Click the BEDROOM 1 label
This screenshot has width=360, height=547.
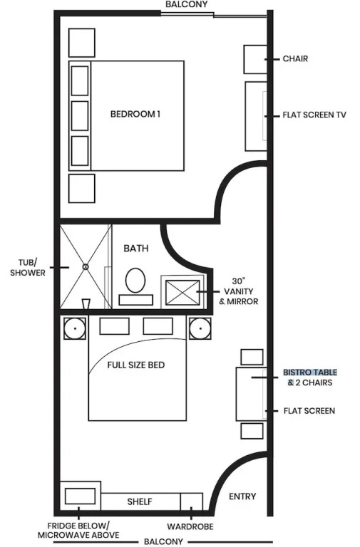135,114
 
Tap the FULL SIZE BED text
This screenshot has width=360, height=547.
136,365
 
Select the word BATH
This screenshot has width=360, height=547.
136,249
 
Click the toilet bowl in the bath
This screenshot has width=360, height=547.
135,280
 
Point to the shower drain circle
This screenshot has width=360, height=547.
86,267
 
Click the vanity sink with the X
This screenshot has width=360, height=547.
182,292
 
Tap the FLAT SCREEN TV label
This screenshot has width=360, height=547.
314,115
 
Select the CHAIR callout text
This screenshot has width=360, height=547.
295,58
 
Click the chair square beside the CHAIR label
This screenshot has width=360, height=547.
255,59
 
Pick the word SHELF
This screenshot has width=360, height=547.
140,501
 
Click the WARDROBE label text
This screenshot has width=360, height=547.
190,527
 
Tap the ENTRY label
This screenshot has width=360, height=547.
242,496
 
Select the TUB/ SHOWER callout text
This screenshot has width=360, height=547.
28,267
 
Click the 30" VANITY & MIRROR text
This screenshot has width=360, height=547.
239,291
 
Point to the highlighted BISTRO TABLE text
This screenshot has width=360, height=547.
310,373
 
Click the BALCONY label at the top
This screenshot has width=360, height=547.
187,4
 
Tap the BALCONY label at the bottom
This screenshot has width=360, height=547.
163,542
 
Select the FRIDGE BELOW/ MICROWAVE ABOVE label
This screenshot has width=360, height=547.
78,530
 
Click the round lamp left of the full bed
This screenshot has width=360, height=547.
75,328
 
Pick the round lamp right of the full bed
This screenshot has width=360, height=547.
200,328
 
